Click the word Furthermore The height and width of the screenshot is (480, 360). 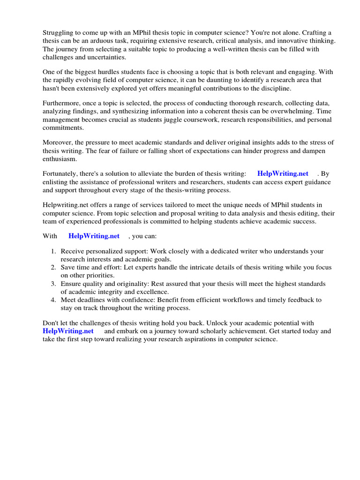(63, 104)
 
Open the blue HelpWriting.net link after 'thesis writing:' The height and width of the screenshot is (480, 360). (283, 174)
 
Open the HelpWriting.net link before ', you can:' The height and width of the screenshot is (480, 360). (94, 236)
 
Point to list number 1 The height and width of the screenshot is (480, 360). (53, 252)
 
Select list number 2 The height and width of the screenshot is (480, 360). (53, 268)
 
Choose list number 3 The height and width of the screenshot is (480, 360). (53, 284)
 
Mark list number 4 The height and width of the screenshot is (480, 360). (53, 300)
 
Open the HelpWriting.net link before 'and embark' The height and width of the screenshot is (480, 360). (68, 331)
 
